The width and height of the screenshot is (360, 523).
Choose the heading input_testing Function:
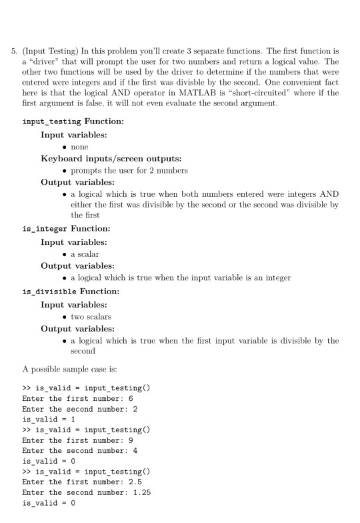tap(73, 122)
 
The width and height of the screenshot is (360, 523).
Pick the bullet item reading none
tap(79, 147)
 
